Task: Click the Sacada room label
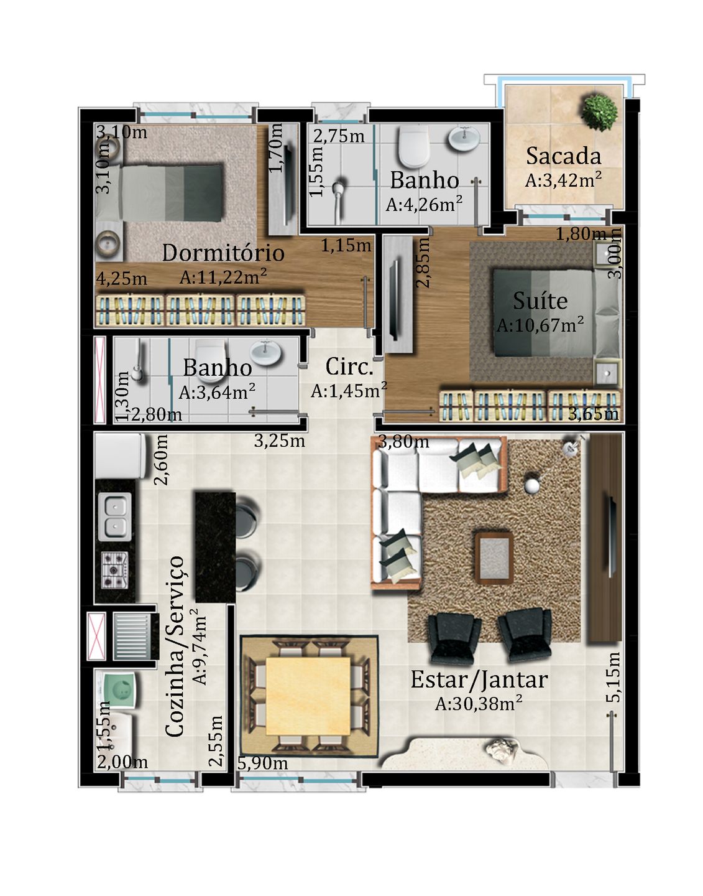(x=563, y=156)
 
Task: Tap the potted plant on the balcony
(x=599, y=112)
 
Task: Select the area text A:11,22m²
(x=223, y=276)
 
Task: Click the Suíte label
(x=540, y=301)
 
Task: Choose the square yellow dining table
(x=308, y=696)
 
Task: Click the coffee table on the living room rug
(x=494, y=558)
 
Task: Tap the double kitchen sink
(x=115, y=516)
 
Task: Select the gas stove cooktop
(x=114, y=570)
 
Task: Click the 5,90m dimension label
(x=262, y=763)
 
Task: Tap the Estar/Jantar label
(x=479, y=679)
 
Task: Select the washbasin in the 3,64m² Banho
(x=267, y=353)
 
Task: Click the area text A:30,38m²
(x=479, y=703)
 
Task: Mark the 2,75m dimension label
(x=339, y=136)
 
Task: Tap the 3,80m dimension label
(x=403, y=442)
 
